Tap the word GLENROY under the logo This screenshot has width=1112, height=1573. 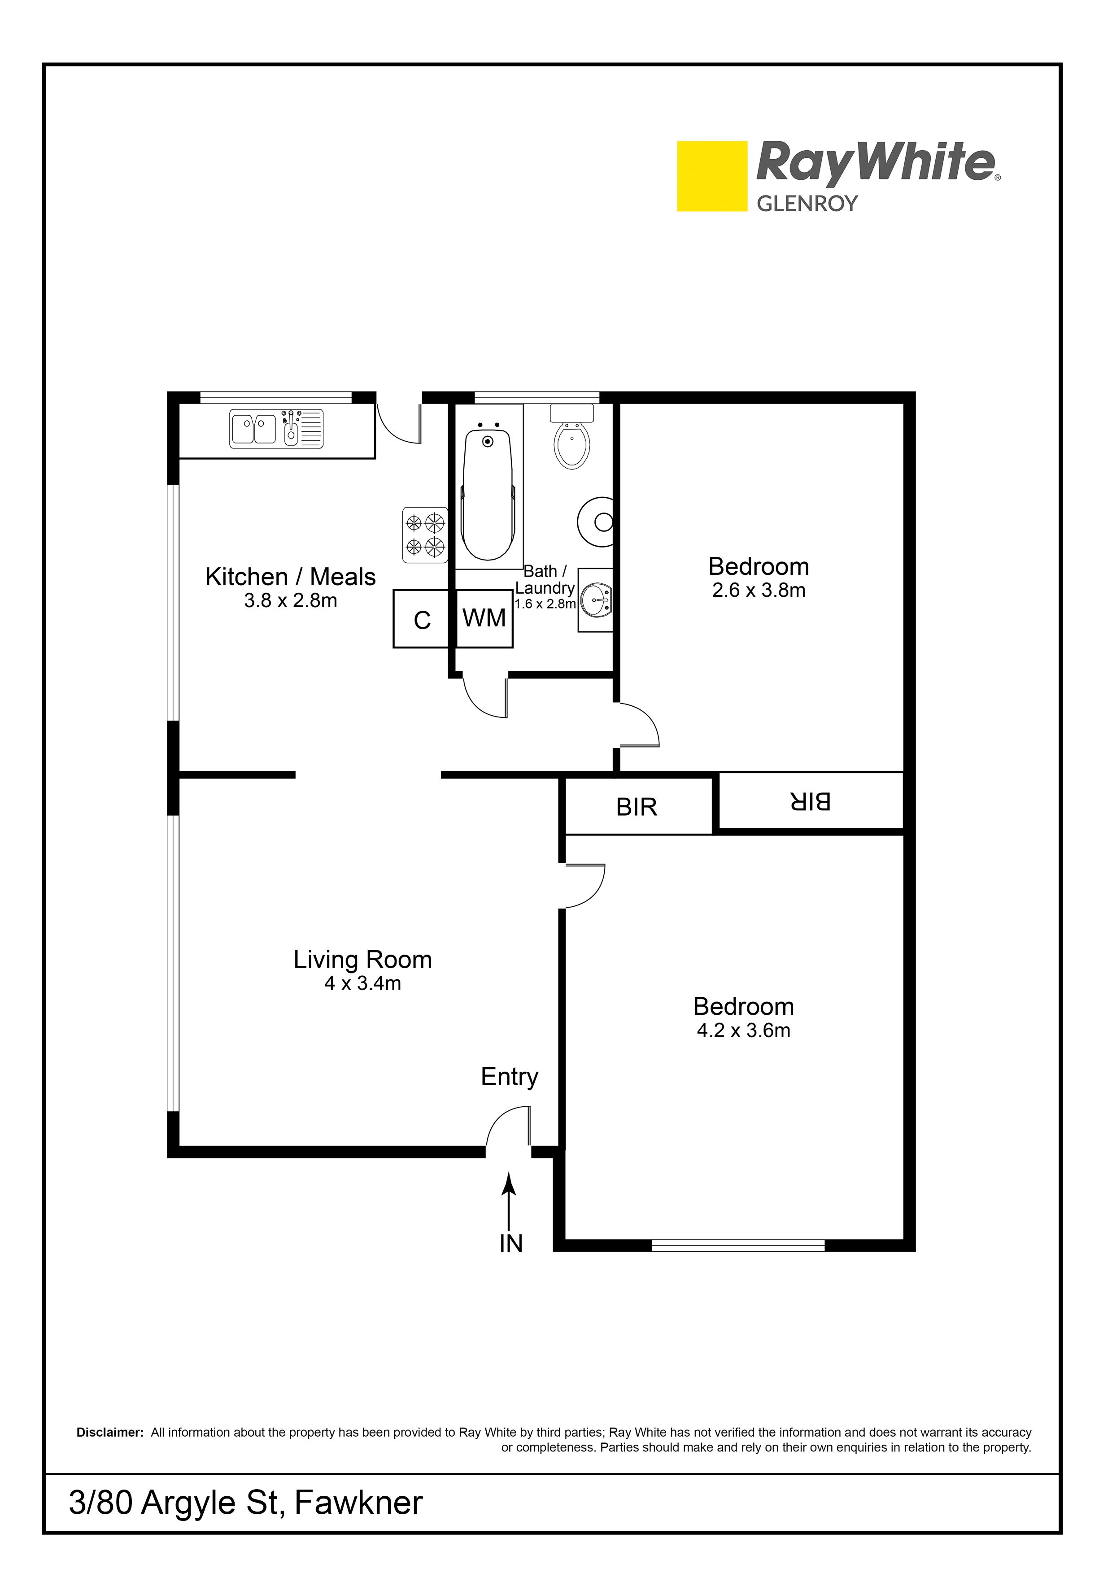click(x=807, y=204)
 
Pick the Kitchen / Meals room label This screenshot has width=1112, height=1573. click(x=291, y=577)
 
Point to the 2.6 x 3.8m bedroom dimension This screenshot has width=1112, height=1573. click(x=759, y=590)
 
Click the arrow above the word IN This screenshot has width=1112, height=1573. click(x=508, y=1201)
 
